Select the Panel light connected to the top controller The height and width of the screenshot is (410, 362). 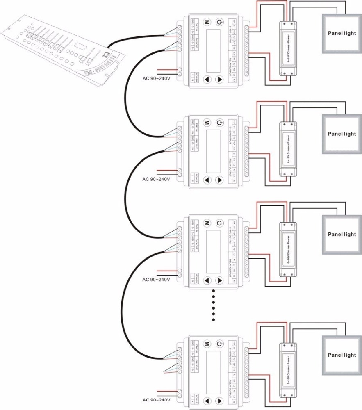tap(341, 33)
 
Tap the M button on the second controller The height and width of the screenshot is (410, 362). tap(207, 123)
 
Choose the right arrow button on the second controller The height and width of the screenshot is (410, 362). tap(220, 180)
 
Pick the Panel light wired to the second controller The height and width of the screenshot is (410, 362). tap(341, 134)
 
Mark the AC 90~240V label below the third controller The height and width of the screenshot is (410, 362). tap(156, 280)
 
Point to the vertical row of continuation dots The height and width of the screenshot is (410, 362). tap(214, 305)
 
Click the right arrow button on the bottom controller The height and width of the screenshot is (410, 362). tap(220, 401)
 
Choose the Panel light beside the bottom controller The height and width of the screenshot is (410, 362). tap(341, 355)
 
